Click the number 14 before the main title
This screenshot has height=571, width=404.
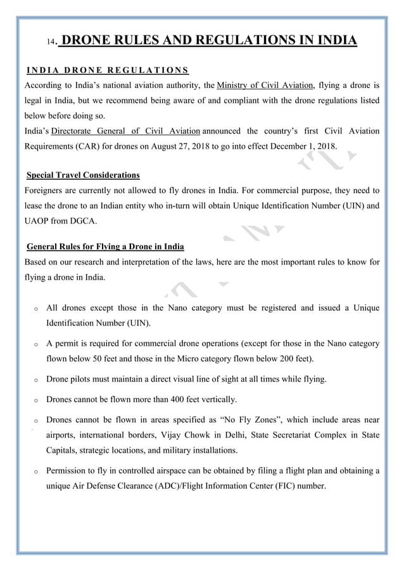tap(51, 44)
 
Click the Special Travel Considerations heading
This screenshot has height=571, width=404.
tap(83, 175)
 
